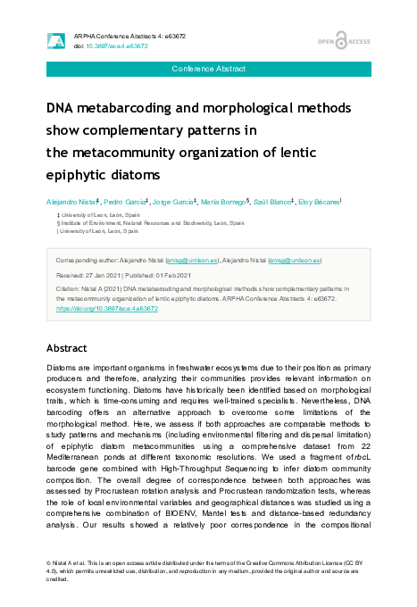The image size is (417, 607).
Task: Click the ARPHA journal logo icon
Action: coord(55,40)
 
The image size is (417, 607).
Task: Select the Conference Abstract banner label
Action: coord(208,69)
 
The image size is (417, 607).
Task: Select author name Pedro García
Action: coord(125,204)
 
